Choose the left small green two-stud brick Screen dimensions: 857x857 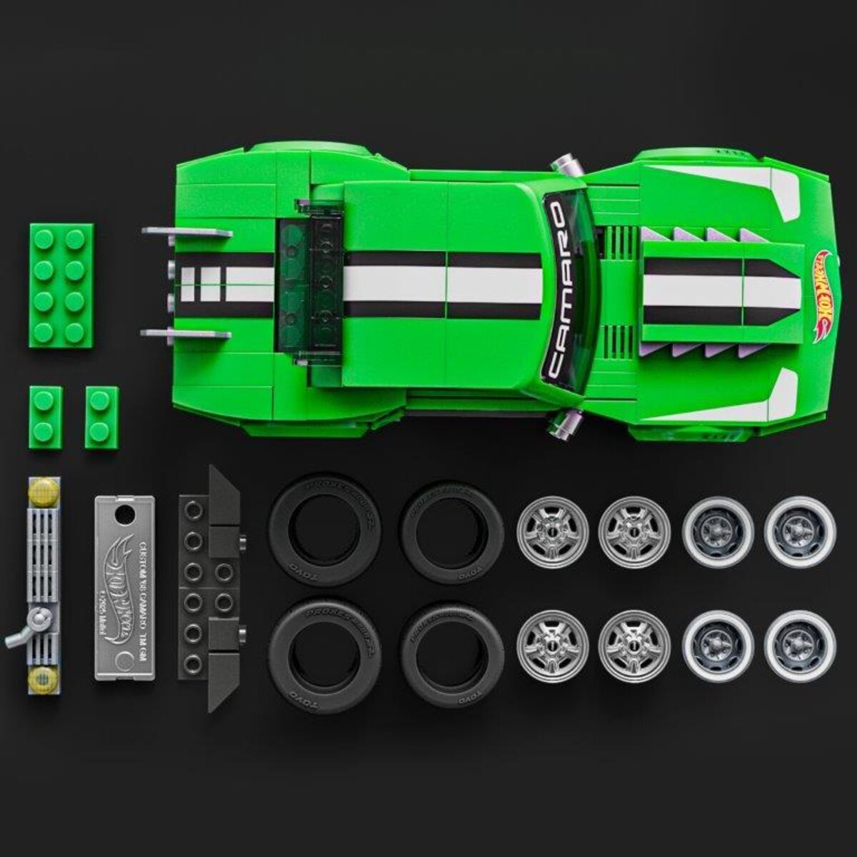(x=45, y=418)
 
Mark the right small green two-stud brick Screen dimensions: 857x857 (x=101, y=418)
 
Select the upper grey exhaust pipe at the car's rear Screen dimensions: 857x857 (x=187, y=232)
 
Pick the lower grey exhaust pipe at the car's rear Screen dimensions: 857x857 (x=187, y=334)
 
